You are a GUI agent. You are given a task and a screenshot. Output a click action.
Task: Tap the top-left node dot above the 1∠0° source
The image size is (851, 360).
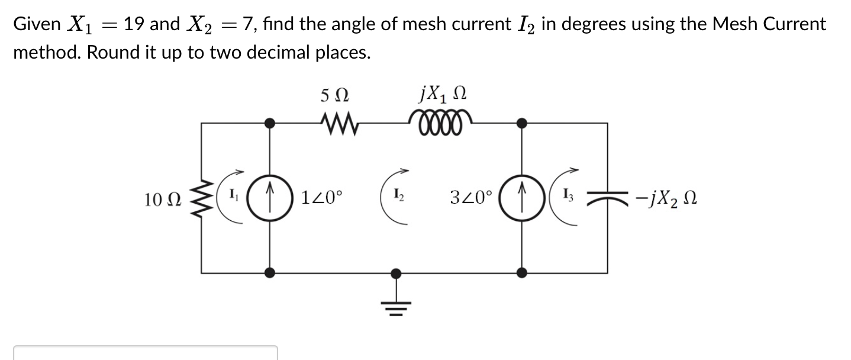(270, 123)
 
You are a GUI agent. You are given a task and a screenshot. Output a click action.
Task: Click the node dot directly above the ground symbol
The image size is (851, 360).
(397, 273)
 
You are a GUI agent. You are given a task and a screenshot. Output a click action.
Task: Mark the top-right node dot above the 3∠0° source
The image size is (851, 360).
(522, 123)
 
